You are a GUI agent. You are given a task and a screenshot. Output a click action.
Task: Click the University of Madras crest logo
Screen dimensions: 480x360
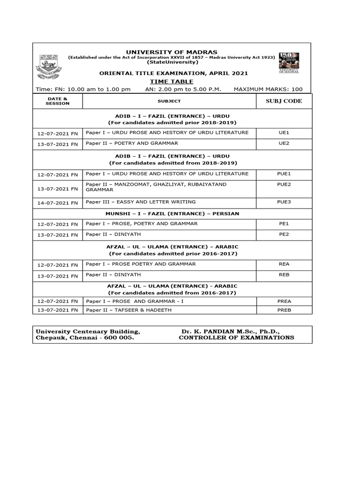click(x=48, y=66)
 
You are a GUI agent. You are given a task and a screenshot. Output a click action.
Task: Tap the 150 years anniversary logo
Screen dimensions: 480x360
click(x=289, y=62)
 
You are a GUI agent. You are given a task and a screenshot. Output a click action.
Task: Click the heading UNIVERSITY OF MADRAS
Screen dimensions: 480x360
click(x=172, y=52)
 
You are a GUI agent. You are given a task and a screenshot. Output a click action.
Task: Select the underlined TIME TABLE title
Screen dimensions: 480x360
click(x=172, y=82)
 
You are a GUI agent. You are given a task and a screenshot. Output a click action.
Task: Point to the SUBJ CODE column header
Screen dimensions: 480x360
click(x=284, y=101)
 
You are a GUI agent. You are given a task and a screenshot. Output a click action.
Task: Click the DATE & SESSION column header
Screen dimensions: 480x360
click(x=58, y=101)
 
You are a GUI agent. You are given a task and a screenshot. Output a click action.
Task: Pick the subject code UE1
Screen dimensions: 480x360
click(x=284, y=133)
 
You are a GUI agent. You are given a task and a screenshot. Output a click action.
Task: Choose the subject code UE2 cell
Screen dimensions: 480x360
click(x=284, y=144)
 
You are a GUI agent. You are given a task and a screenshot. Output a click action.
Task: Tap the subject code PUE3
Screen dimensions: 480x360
click(x=284, y=202)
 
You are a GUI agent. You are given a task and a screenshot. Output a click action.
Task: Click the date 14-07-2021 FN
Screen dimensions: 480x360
click(x=58, y=203)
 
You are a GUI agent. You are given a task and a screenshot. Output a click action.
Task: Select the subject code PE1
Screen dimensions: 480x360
click(x=284, y=224)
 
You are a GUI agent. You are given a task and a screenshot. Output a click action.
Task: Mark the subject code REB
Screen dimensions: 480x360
click(x=284, y=275)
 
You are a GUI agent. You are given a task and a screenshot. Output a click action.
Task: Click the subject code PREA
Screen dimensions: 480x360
click(x=284, y=301)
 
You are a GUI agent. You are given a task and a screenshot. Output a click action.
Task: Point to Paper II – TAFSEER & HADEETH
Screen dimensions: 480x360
click(x=129, y=310)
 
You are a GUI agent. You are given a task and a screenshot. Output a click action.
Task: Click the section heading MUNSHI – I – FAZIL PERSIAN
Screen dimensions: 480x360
click(x=172, y=214)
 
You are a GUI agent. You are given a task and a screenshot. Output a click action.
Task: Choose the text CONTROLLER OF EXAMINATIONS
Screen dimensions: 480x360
click(x=236, y=338)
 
